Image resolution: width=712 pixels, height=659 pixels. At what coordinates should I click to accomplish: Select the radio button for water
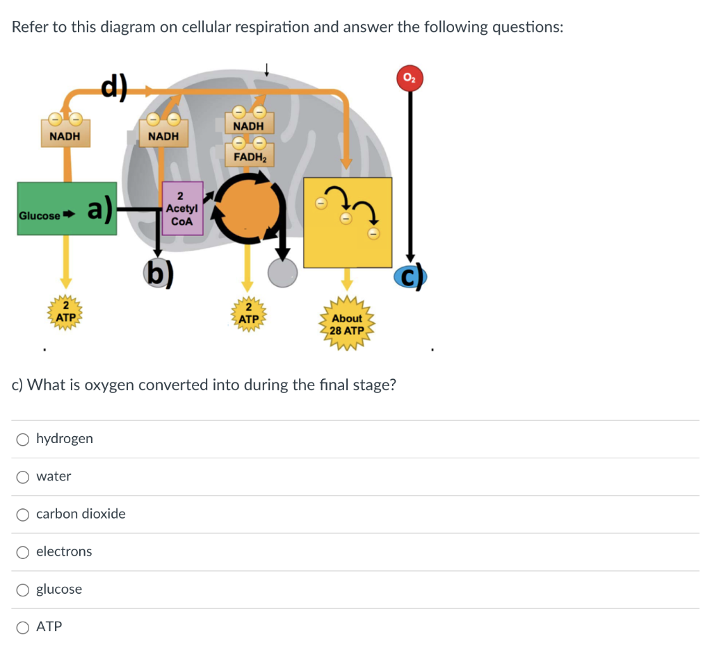point(24,476)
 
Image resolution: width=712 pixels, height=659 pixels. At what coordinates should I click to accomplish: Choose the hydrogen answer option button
point(24,439)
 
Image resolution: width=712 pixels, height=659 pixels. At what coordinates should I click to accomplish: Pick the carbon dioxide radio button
point(24,514)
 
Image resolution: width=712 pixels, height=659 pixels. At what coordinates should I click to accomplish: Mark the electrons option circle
point(24,552)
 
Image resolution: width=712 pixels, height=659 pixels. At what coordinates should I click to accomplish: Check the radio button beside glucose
point(24,590)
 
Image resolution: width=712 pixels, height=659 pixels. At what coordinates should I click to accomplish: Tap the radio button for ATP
point(24,627)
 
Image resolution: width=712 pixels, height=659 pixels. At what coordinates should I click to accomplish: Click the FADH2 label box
point(249,156)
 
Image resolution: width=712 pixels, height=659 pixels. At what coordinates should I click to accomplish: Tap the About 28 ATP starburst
point(346,324)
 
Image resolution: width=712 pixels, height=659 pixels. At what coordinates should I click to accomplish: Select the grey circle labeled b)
point(159,273)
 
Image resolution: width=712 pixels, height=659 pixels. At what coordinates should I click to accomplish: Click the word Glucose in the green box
point(40,215)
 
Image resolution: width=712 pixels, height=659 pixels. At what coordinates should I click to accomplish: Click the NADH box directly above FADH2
point(249,126)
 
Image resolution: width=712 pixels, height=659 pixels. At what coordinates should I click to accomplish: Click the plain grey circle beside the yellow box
point(283,272)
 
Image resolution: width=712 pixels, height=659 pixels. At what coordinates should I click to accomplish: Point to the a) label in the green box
point(99,210)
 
